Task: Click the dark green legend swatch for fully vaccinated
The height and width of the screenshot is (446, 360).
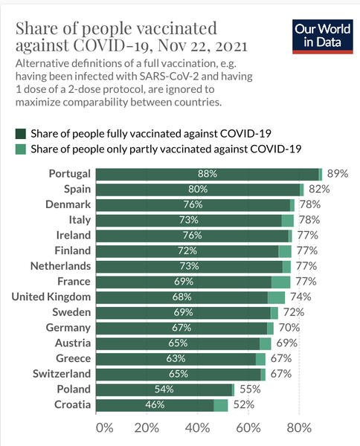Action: (x=21, y=134)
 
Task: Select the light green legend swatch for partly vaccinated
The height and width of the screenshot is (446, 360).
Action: (x=21, y=149)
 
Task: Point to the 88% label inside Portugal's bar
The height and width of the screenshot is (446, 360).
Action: (x=207, y=173)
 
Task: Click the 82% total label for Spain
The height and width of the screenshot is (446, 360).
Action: (x=319, y=189)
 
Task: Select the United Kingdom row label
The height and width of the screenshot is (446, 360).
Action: (x=51, y=297)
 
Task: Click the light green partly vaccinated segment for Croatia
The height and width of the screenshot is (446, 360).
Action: (x=220, y=405)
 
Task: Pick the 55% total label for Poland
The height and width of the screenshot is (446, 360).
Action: (x=248, y=390)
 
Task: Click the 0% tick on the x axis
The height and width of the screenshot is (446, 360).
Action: (x=104, y=427)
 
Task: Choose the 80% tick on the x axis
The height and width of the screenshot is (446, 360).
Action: (x=298, y=427)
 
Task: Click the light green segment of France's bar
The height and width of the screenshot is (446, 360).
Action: (x=280, y=282)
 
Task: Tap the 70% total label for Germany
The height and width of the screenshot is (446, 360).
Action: (x=289, y=328)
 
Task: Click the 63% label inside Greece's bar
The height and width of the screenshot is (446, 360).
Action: (x=176, y=359)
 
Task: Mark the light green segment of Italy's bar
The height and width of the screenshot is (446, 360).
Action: (x=287, y=220)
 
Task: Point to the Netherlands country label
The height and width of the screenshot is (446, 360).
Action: (x=60, y=266)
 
